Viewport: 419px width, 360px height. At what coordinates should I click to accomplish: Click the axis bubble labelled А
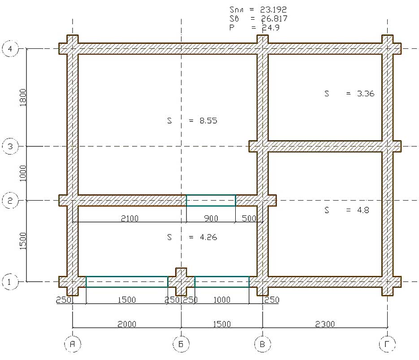click(x=73, y=344)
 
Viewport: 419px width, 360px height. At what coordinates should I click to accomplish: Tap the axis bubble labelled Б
click(x=181, y=344)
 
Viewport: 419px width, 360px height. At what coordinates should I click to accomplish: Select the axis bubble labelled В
click(x=263, y=344)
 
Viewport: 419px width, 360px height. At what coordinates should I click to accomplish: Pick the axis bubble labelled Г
click(x=387, y=344)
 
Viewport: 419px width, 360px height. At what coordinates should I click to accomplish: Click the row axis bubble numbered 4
click(x=10, y=49)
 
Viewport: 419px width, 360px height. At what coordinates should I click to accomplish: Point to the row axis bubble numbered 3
click(x=10, y=146)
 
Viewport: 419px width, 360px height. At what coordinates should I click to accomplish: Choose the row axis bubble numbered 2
click(x=10, y=200)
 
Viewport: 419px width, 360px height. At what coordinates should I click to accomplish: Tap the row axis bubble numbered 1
click(x=10, y=282)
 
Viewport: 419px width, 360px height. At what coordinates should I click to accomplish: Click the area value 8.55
click(x=208, y=121)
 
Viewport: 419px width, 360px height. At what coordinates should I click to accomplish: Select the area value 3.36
click(x=366, y=94)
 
